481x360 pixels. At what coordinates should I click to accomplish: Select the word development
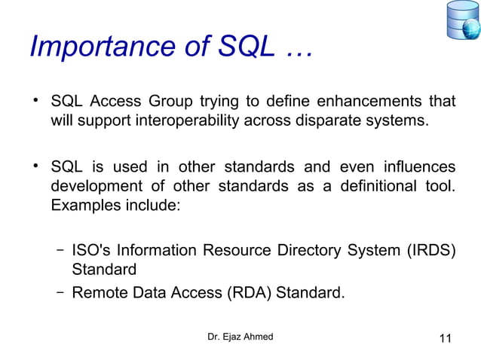pyautogui.click(x=93, y=185)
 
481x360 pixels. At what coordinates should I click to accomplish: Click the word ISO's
pyautogui.click(x=90, y=251)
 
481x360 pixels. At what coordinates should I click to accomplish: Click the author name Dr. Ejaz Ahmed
pyautogui.click(x=240, y=337)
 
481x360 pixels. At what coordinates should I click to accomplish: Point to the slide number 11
pyautogui.click(x=444, y=338)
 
